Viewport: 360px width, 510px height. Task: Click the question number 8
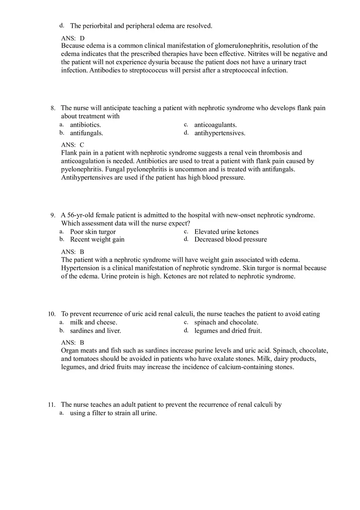pos(53,108)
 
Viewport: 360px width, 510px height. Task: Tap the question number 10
pos(52,314)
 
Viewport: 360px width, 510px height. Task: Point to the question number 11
pos(52,405)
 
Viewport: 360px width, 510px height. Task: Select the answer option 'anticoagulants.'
pos(215,125)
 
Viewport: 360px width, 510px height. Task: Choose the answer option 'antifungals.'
pos(86,133)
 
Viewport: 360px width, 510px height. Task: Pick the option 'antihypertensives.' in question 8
pos(220,133)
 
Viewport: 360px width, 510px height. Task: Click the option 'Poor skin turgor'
pos(93,232)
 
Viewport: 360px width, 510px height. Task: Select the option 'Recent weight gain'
pos(97,239)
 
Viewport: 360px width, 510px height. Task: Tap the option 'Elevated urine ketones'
pos(226,232)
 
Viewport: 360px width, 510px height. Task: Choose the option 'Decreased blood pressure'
pos(230,239)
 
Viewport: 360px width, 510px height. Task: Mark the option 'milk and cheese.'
pos(93,322)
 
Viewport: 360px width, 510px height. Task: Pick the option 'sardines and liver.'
pos(95,330)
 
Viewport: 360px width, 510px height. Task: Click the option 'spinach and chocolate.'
pos(226,322)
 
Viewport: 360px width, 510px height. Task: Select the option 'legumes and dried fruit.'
pos(228,330)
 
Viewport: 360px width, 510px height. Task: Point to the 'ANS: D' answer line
pos(73,38)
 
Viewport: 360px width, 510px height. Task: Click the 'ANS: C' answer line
pos(72,145)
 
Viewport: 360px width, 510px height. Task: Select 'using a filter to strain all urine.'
pos(113,413)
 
